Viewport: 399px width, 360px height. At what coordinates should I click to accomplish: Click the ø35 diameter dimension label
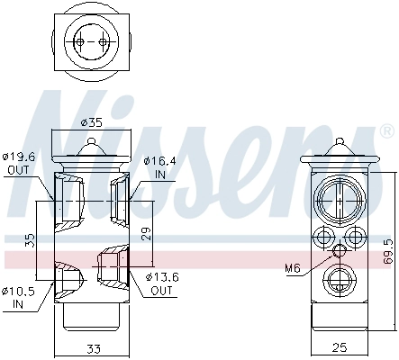pos(90,121)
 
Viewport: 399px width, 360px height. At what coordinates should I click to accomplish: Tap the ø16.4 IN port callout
pos(159,166)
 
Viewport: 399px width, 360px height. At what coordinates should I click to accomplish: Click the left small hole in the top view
pos(80,41)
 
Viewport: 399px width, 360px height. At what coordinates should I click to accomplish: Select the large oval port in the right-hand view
pos(339,197)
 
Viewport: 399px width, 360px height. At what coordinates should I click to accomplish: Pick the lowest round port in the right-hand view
pos(339,276)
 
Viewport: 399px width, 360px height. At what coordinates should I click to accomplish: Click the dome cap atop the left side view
pos(91,147)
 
